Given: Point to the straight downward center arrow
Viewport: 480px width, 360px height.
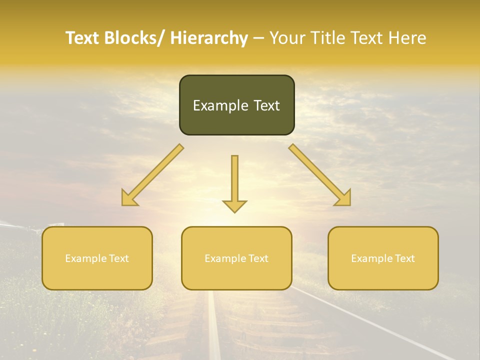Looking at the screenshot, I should (234, 183).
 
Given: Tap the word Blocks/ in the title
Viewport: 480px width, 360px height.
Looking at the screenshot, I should (134, 38).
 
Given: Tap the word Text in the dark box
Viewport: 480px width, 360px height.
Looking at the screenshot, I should (265, 105).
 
